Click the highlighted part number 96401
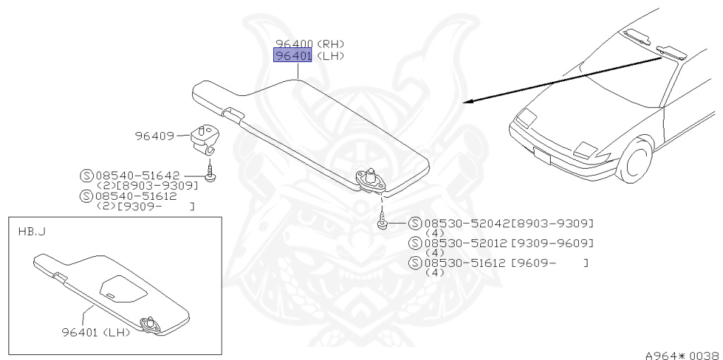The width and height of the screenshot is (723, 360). (x=292, y=56)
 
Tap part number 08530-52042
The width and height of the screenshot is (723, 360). (x=468, y=223)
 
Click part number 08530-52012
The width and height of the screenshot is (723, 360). (x=468, y=243)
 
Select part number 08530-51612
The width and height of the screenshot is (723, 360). (x=468, y=263)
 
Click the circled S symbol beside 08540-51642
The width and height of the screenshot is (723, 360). (x=87, y=175)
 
